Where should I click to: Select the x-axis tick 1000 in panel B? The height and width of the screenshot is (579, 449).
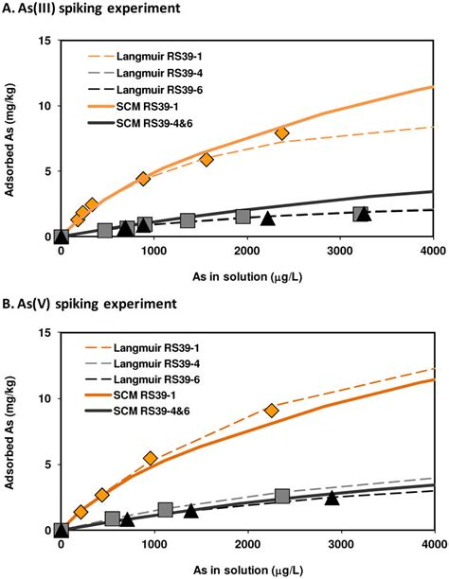[153, 545]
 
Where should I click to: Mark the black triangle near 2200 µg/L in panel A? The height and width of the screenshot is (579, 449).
[268, 219]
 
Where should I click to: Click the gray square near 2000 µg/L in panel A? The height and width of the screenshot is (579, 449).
[243, 217]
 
